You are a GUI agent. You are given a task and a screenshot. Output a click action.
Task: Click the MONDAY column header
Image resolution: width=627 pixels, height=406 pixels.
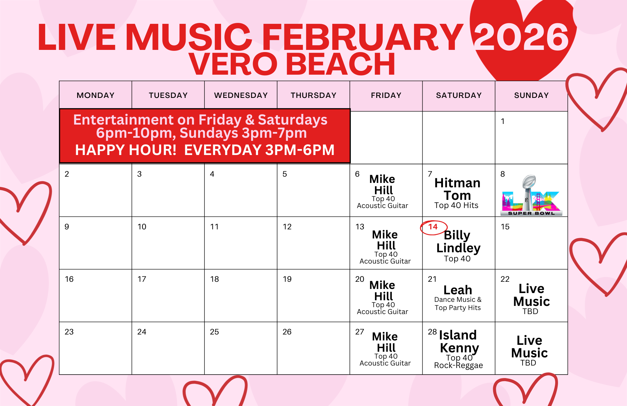click(96, 95)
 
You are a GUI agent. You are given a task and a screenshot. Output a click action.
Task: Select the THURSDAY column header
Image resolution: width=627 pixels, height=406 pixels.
click(313, 95)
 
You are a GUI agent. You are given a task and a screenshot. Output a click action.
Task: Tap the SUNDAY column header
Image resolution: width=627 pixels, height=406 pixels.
click(531, 95)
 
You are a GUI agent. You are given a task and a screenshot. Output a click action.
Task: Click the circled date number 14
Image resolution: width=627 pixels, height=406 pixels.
click(433, 227)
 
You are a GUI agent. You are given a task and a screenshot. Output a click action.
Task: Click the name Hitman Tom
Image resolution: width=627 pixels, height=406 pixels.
click(457, 189)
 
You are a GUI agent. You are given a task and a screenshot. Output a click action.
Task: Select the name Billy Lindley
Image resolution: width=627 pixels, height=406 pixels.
click(458, 241)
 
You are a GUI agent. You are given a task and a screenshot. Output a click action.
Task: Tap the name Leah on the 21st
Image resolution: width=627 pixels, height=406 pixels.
click(458, 290)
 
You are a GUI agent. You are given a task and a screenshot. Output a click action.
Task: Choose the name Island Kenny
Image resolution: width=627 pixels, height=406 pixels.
click(459, 341)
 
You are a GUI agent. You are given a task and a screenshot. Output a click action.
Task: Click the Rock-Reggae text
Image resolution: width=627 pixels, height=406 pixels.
click(458, 366)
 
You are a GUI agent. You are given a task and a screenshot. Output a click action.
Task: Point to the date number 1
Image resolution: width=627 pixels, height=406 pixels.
click(503, 121)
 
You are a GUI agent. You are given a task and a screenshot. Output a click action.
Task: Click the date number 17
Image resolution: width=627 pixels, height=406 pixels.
click(142, 279)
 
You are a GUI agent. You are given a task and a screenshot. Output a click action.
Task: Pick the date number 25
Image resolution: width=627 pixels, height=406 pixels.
click(214, 332)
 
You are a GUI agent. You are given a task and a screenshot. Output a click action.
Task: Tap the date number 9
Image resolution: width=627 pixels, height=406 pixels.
click(67, 227)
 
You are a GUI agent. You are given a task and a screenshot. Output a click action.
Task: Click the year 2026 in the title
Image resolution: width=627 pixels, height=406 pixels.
click(521, 37)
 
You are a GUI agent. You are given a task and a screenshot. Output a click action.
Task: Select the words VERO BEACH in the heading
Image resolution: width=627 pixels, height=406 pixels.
click(292, 64)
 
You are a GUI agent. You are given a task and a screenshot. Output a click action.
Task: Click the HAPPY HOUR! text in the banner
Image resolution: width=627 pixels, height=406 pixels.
click(126, 150)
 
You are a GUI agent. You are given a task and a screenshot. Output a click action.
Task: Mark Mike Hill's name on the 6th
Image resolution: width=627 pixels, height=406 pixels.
click(383, 184)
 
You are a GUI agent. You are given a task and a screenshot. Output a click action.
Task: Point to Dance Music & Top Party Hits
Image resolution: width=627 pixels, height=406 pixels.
click(458, 304)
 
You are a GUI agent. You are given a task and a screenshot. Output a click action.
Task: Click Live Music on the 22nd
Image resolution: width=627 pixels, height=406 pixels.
click(532, 295)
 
